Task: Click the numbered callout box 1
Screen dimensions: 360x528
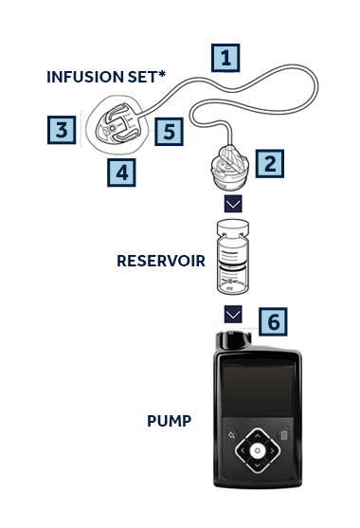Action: (x=225, y=58)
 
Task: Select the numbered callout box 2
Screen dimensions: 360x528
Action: (x=269, y=164)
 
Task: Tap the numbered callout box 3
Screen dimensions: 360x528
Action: (x=62, y=130)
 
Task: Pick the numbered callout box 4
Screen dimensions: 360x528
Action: (x=121, y=173)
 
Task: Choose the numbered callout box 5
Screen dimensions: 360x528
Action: (x=169, y=132)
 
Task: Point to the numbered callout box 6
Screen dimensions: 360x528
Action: (x=273, y=321)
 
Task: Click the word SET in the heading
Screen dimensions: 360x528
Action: (x=142, y=77)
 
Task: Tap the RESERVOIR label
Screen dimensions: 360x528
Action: (x=161, y=261)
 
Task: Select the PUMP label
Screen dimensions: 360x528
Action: (x=170, y=421)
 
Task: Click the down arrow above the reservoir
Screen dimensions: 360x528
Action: (x=233, y=204)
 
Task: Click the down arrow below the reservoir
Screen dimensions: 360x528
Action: (x=233, y=314)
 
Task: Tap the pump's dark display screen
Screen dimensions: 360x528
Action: (x=258, y=391)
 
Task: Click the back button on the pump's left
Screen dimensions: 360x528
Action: (x=231, y=435)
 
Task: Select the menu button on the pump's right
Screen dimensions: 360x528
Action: (x=283, y=435)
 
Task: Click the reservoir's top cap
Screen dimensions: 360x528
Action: (x=233, y=228)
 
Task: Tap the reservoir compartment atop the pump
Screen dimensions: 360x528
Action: (x=233, y=340)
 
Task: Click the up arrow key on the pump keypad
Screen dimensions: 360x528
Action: (x=258, y=436)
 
